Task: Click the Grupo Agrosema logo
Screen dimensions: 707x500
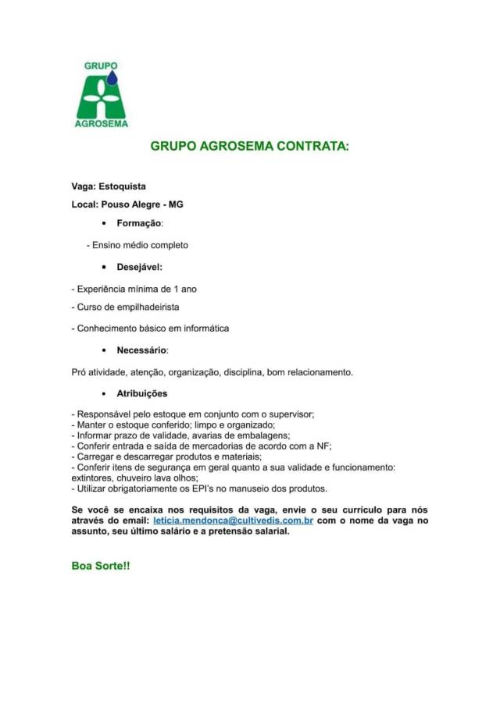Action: pyautogui.click(x=101, y=94)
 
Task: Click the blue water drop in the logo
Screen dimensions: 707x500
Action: pyautogui.click(x=112, y=77)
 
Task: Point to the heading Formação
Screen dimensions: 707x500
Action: pyautogui.click(x=139, y=224)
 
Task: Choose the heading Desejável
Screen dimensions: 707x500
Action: pyautogui.click(x=139, y=267)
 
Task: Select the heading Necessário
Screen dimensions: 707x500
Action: pyautogui.click(x=142, y=350)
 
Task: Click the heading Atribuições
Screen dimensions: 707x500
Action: pyautogui.click(x=142, y=393)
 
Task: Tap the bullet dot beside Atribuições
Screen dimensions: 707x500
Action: pyautogui.click(x=104, y=393)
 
